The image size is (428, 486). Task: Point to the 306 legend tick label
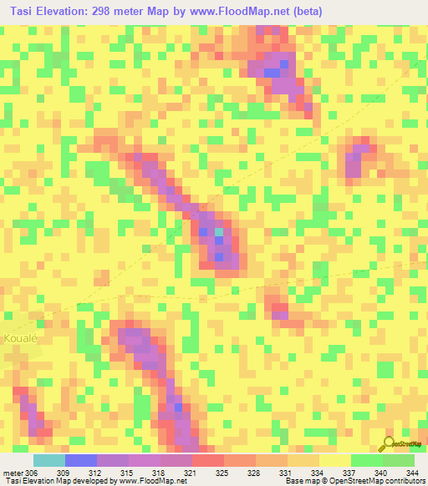(x=30, y=472)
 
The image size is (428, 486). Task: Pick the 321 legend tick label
(x=192, y=472)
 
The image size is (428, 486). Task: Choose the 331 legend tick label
(x=288, y=472)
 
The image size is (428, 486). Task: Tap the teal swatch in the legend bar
(x=49, y=460)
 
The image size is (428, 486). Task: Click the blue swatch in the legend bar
(x=81, y=460)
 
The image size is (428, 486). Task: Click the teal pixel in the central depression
(x=219, y=232)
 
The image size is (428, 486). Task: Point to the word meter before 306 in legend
(x=11, y=472)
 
